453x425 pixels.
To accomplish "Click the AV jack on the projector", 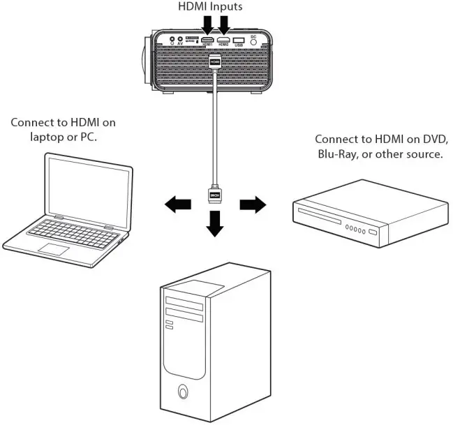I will (181, 40).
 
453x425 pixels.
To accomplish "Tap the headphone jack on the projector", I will (171, 40).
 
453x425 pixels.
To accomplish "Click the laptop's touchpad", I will (54, 248).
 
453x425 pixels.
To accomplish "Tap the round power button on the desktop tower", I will (183, 391).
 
